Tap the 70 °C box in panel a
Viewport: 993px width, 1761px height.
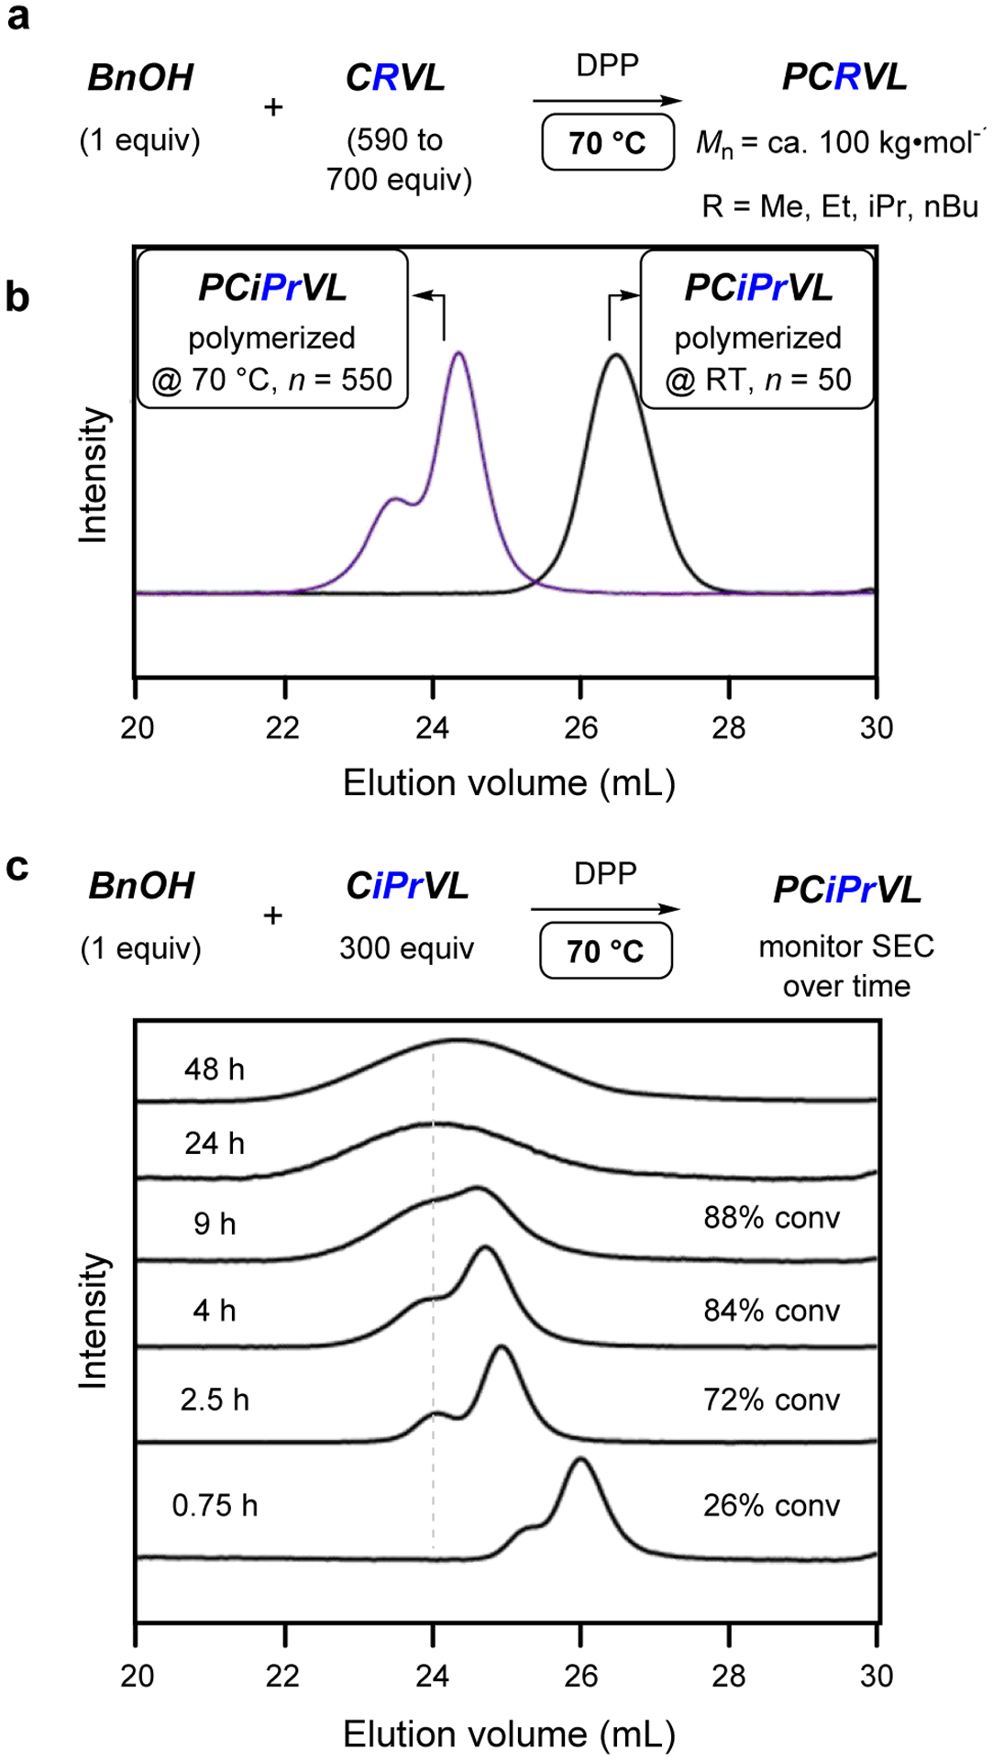pyautogui.click(x=608, y=142)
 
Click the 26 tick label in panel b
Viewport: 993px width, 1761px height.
pyautogui.click(x=580, y=727)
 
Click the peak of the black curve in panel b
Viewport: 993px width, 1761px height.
pyautogui.click(x=616, y=355)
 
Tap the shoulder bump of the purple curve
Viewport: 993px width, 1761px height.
pyautogui.click(x=394, y=499)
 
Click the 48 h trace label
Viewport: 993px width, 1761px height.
pyautogui.click(x=215, y=1069)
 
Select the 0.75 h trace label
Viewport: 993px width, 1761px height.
pyautogui.click(x=215, y=1505)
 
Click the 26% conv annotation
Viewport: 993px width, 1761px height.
pyautogui.click(x=771, y=1505)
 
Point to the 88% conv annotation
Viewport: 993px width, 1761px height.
pyautogui.click(x=771, y=1217)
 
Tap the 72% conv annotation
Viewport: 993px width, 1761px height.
pyautogui.click(x=771, y=1400)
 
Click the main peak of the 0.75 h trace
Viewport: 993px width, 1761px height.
pyautogui.click(x=579, y=1459)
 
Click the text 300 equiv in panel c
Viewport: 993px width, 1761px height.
pyautogui.click(x=406, y=947)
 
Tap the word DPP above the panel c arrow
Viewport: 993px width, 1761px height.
pyautogui.click(x=605, y=873)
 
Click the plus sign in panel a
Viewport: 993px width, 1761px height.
pyautogui.click(x=273, y=107)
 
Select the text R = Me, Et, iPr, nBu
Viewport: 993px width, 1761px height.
pyautogui.click(x=840, y=206)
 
